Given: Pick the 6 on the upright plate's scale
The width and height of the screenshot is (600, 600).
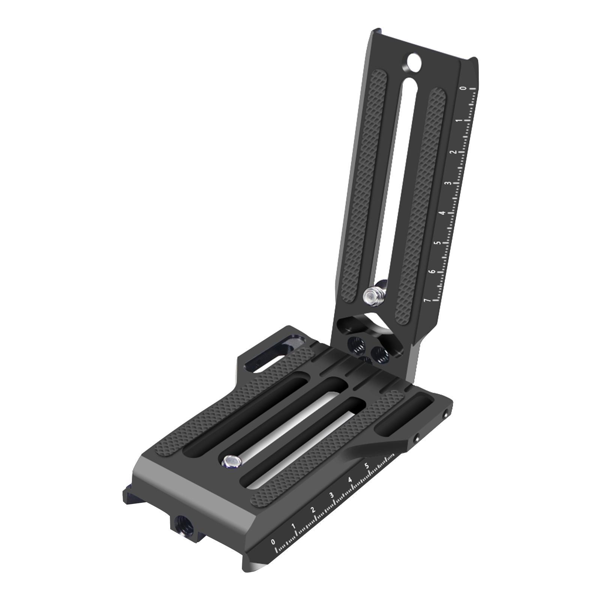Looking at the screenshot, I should [x=433, y=271].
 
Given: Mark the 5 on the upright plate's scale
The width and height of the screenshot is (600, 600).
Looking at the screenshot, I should [x=438, y=243].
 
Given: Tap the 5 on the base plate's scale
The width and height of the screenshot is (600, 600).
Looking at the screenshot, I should [x=367, y=466].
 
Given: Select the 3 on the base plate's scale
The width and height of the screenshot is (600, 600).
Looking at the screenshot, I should [x=331, y=495].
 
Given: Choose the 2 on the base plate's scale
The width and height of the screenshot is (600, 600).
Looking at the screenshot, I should [x=313, y=510].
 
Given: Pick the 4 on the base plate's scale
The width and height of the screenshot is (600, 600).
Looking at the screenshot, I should [x=349, y=480].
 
